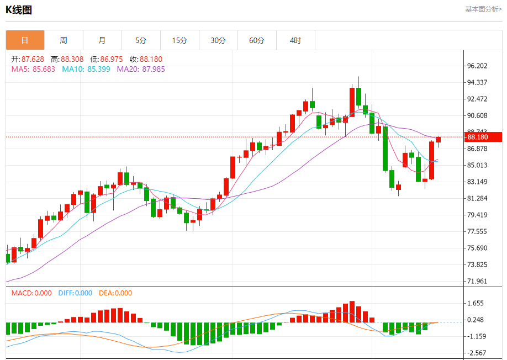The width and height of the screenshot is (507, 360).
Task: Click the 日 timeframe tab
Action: click(x=25, y=40)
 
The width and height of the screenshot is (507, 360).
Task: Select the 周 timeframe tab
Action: click(x=64, y=40)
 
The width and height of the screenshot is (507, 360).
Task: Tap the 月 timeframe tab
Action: click(x=102, y=40)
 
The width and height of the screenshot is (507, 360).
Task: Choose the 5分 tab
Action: click(x=141, y=40)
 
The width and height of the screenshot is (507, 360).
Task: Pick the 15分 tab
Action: click(x=179, y=40)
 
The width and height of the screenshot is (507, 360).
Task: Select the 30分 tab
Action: click(x=218, y=40)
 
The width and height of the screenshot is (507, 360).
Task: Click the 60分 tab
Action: click(x=257, y=40)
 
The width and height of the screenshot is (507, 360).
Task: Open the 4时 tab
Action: click(x=295, y=40)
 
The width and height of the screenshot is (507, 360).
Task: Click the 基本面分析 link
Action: click(x=483, y=9)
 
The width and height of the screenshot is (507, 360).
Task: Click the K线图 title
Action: click(x=19, y=10)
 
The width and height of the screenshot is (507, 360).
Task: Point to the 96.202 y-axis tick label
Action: click(x=477, y=66)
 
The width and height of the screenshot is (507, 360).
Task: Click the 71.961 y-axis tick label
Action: click(x=477, y=281)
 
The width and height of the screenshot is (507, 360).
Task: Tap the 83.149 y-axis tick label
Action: click(x=477, y=182)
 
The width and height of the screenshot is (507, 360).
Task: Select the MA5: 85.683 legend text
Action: click(x=33, y=69)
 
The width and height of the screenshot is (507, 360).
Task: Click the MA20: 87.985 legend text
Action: click(x=141, y=69)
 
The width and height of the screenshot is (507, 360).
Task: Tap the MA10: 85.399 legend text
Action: click(x=86, y=69)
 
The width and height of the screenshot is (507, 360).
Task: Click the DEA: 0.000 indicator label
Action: click(x=115, y=293)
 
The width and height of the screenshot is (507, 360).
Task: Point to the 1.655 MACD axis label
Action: click(x=476, y=303)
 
